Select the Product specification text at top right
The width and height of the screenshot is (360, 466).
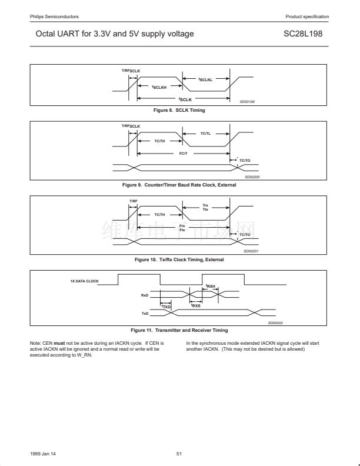(x=307, y=16)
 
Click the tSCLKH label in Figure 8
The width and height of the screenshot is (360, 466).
(x=159, y=87)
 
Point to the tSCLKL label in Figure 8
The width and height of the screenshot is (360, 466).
(x=205, y=79)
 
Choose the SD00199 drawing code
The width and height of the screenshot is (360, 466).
(x=247, y=102)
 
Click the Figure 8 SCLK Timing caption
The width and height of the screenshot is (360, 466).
(x=179, y=110)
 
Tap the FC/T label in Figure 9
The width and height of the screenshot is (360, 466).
(x=183, y=153)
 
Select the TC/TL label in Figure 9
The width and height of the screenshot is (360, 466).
(x=205, y=134)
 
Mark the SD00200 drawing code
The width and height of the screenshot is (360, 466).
(x=252, y=177)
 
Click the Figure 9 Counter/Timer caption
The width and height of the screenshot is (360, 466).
(x=179, y=185)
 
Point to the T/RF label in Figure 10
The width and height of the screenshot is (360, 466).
(x=133, y=201)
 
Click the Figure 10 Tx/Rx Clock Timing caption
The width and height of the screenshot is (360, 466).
(x=179, y=259)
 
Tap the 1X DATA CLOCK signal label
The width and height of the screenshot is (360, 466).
(x=85, y=281)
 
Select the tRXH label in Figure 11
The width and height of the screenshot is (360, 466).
(x=211, y=287)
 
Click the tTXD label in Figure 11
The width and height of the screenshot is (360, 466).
(x=166, y=307)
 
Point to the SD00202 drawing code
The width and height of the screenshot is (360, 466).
(x=275, y=322)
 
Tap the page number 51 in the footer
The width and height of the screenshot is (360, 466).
(x=179, y=453)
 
